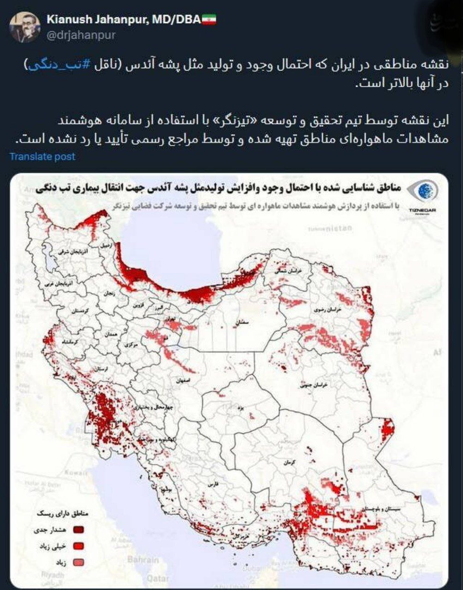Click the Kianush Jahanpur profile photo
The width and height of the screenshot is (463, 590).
pyautogui.click(x=25, y=27)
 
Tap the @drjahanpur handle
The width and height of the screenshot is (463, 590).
pyautogui.click(x=81, y=35)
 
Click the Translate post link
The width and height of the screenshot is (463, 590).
pyautogui.click(x=42, y=157)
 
